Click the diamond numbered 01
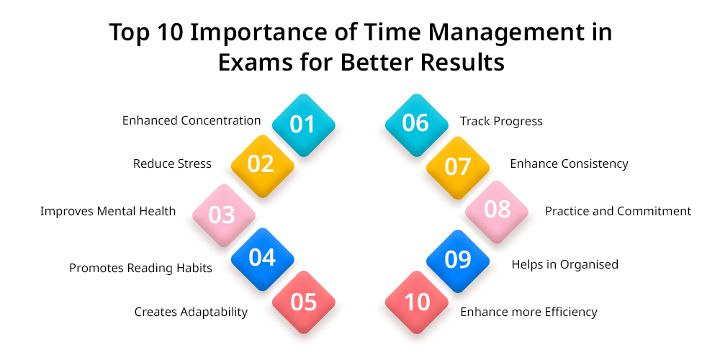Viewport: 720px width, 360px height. tap(304, 125)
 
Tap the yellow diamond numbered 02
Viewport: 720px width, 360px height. tap(262, 166)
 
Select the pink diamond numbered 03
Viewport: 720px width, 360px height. tap(224, 215)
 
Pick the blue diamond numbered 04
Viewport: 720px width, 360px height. tap(262, 259)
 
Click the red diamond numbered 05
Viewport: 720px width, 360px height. tap(304, 302)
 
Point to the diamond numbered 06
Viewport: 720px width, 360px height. tap(416, 125)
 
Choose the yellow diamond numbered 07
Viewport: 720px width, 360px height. tap(458, 168)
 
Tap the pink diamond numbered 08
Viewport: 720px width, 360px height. tap(497, 212)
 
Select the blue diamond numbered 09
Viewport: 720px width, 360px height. tap(458, 261)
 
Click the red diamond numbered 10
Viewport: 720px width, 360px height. tap(416, 302)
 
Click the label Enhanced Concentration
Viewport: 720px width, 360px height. tap(192, 120)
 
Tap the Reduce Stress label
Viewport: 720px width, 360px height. tap(172, 163)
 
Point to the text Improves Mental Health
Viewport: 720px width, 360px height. tap(108, 211)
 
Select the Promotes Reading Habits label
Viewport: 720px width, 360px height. tap(140, 268)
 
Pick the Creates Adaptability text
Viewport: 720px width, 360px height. tap(191, 312)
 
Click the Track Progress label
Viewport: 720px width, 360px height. tap(501, 121)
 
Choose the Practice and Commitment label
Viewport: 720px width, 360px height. tap(618, 211)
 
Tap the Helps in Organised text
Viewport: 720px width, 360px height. tap(564, 264)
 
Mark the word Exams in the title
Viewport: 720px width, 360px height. tap(256, 63)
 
